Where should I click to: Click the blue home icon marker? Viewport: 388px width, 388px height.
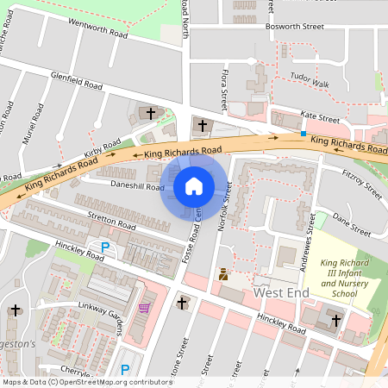point(194,185)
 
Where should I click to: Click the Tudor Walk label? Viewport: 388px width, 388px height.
point(310,83)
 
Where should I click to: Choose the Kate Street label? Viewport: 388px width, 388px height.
point(320,116)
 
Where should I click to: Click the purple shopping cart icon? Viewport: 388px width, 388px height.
point(143,308)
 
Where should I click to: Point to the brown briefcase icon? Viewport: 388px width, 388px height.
point(223,274)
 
